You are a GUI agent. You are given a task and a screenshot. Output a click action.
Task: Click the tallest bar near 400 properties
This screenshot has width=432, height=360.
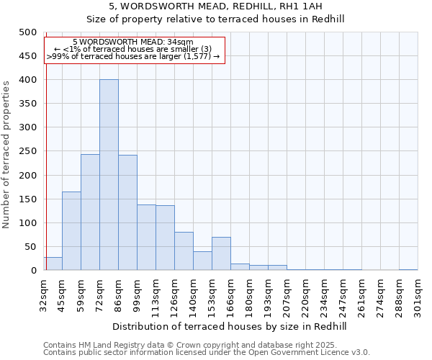pyautogui.click(x=109, y=175)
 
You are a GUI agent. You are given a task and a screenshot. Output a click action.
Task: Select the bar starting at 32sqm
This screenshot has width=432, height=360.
pyautogui.click(x=53, y=264)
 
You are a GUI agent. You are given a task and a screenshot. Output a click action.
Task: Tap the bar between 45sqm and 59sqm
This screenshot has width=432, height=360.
pyautogui.click(x=71, y=231)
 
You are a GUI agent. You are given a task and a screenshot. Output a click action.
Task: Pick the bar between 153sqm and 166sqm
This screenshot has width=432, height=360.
pyautogui.click(x=221, y=253)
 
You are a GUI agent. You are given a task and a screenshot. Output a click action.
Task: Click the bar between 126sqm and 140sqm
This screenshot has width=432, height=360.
pyautogui.click(x=184, y=251)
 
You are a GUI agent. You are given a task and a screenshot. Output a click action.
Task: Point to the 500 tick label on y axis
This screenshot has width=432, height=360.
pyautogui.click(x=28, y=32)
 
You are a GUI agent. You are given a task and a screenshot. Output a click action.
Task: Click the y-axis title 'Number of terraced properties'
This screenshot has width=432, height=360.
pyautogui.click(x=7, y=154)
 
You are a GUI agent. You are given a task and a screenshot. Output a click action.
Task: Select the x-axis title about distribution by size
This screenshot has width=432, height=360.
pyautogui.click(x=230, y=326)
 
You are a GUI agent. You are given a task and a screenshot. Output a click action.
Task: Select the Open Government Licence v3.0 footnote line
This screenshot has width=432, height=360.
pyautogui.click(x=206, y=352)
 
